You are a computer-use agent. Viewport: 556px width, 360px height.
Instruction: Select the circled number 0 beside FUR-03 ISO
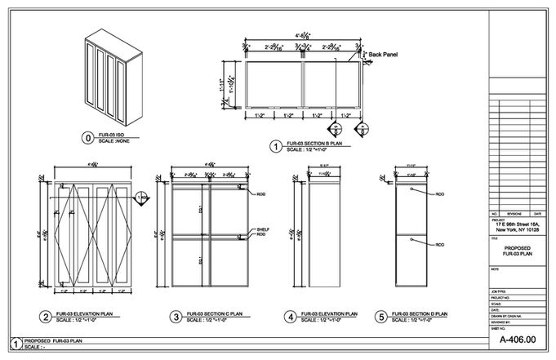click(87, 137)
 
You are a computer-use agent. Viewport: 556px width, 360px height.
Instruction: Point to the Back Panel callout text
click(383, 55)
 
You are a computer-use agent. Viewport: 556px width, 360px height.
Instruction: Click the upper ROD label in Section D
click(440, 194)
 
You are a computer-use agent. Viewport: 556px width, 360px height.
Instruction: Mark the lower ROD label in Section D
click(440, 244)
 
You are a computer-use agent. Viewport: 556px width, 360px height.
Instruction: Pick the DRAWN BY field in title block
click(506, 316)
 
